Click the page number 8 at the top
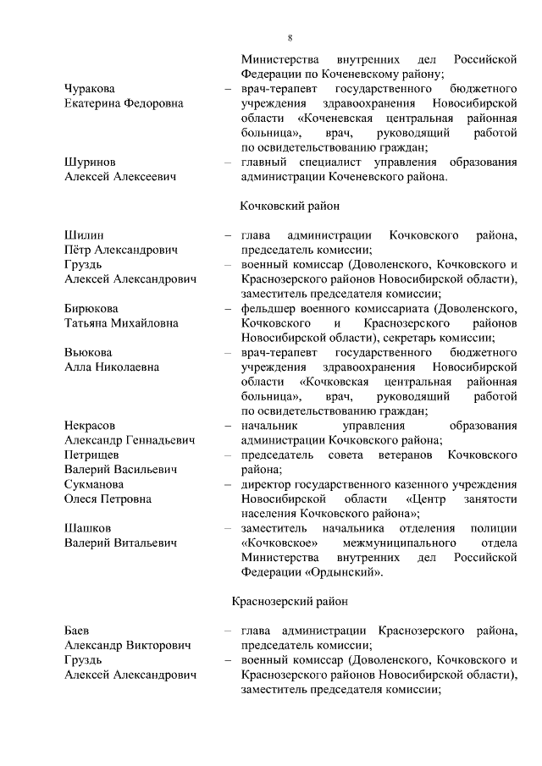tap(290, 37)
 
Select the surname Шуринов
tap(90, 162)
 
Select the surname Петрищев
tap(93, 455)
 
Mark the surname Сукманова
tap(94, 484)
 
